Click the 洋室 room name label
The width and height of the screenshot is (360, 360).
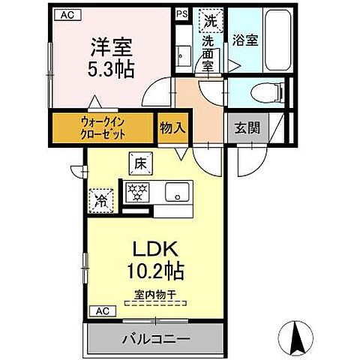112,47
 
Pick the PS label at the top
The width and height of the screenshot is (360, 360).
181,13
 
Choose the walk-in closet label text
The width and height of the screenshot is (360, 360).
103,127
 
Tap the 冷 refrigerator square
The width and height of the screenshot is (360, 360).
100,199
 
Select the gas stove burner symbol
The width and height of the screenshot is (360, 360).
136,191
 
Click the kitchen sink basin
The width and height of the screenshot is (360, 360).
178,191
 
